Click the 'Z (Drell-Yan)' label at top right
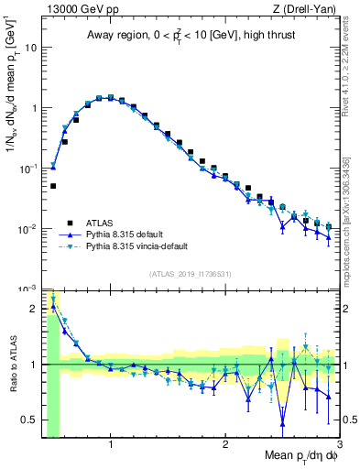[304, 9]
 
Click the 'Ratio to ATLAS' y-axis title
[12, 365]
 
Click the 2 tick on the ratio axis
[34, 308]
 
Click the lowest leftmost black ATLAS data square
[53, 186]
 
